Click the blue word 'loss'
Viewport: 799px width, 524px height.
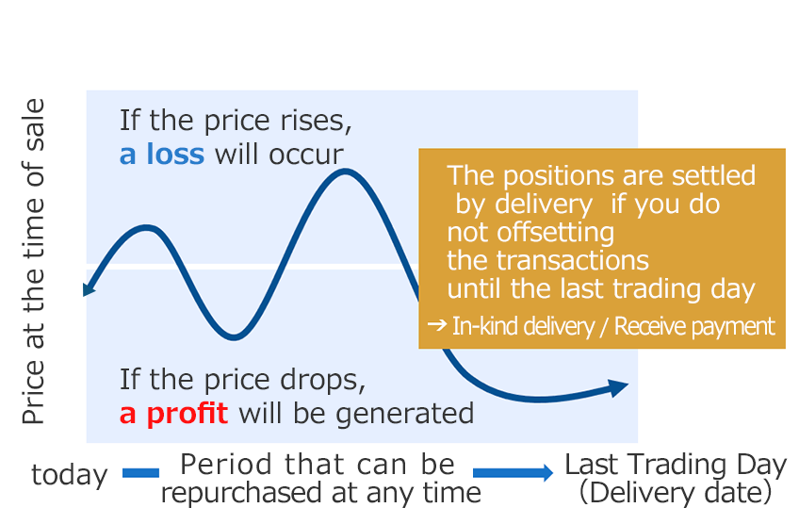175,154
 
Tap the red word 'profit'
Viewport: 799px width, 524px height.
187,414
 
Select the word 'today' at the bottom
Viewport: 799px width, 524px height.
70,475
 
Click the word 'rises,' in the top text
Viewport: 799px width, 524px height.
316,122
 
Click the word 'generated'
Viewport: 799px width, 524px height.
404,414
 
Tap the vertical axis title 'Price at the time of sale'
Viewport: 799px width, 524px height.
33,261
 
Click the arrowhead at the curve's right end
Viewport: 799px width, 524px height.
619,388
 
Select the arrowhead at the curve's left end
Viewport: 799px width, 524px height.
89,288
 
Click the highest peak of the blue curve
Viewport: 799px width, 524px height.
346,172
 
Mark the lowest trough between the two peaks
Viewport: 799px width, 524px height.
234,336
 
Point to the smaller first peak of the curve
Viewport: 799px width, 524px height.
147,228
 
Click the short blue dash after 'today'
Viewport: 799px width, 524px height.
140,473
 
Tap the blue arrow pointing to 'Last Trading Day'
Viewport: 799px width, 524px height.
513,473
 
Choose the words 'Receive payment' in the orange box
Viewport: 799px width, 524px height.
694,326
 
